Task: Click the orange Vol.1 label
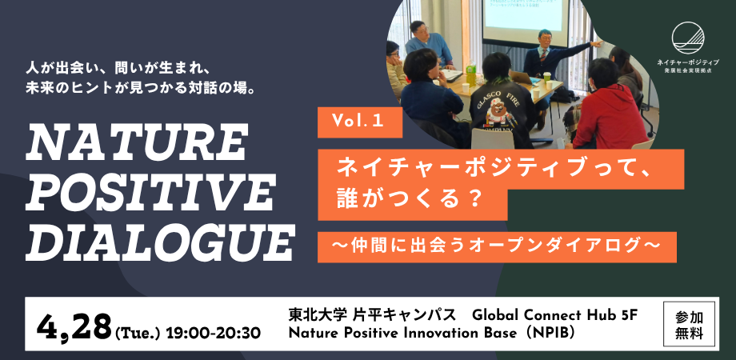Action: coord(360,122)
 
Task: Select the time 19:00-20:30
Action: coord(213,332)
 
